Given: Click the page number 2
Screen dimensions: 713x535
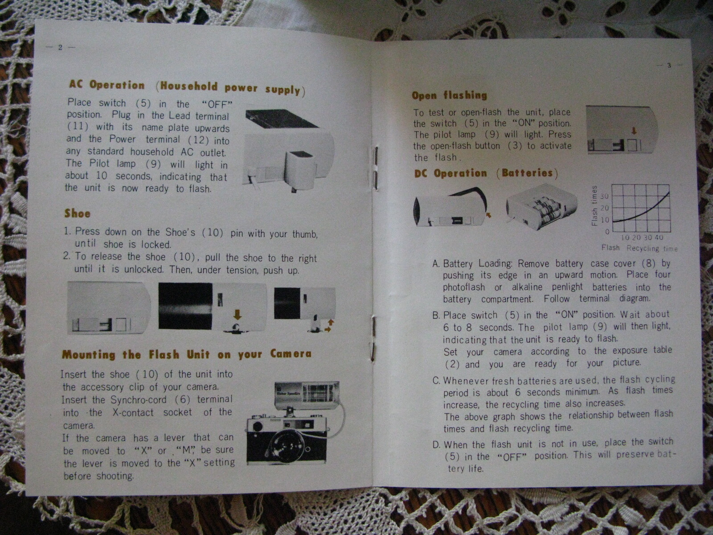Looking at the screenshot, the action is tap(60, 47).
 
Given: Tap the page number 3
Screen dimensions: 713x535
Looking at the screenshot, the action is tap(669, 66).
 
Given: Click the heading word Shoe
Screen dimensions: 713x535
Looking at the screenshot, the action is tap(77, 214).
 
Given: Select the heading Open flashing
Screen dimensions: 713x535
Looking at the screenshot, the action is tap(449, 95).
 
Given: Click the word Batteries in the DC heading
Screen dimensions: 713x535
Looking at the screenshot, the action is tap(527, 173).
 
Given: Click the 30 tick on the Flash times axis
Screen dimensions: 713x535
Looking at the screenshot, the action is tap(604, 196).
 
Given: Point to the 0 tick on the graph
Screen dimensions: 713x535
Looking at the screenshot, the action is tap(606, 232).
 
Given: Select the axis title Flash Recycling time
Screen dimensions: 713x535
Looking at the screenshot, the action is tap(639, 248).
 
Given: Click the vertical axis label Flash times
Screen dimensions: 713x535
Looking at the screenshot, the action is tap(594, 205).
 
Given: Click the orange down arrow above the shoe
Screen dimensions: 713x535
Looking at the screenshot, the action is tap(238, 314).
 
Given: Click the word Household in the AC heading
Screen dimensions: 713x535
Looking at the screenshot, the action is tap(189, 86).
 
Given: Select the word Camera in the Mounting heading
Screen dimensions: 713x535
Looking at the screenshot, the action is tap(291, 354).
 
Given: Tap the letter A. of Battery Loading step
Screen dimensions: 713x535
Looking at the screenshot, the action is tap(436, 263).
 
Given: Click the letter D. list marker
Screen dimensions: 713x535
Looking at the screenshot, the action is tap(437, 444).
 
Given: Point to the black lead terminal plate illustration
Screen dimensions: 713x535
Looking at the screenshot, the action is tap(282, 119).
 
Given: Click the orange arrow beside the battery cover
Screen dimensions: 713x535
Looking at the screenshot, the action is tap(488, 214).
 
